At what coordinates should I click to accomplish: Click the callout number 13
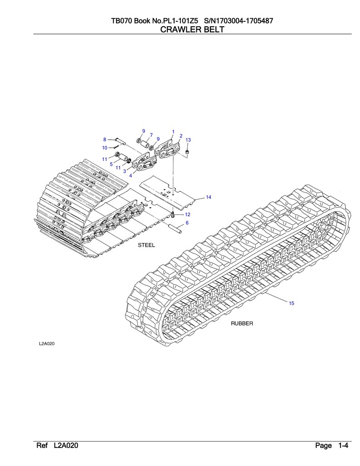click(x=188, y=140)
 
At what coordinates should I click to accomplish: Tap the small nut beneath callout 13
click(x=187, y=152)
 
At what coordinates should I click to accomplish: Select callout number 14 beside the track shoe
click(x=209, y=197)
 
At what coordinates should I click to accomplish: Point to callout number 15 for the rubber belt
click(x=292, y=303)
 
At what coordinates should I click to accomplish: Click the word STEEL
click(x=146, y=245)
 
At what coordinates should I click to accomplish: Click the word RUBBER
click(x=242, y=323)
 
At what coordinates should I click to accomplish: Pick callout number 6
click(x=187, y=223)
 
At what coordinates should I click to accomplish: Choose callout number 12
click(x=188, y=214)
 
